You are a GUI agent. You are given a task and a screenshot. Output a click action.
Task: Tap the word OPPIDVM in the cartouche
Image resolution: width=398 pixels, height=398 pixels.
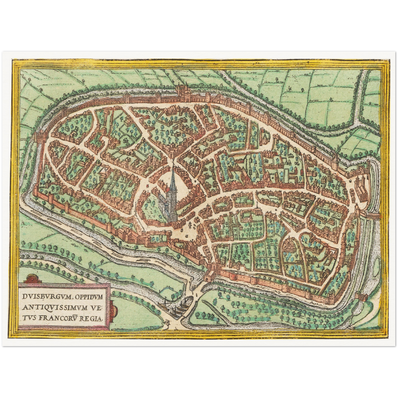tap(89, 297)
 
